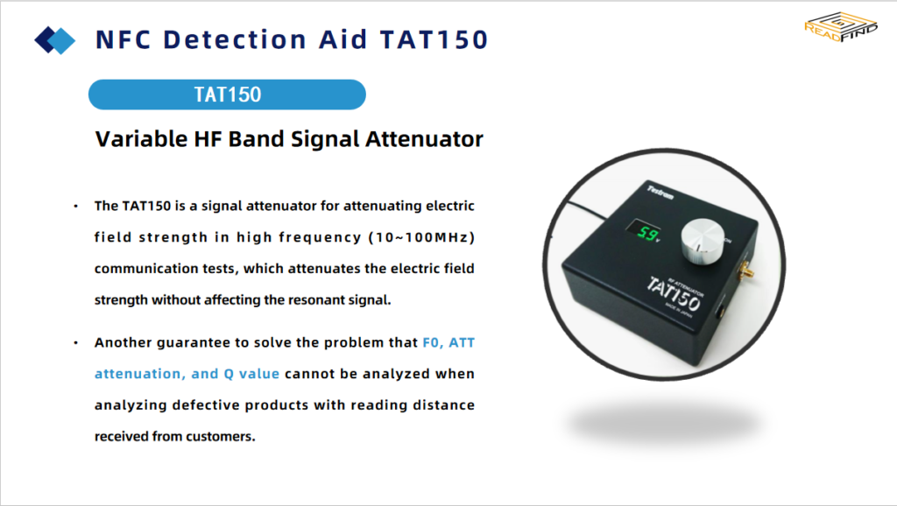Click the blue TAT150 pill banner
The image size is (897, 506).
pyautogui.click(x=227, y=95)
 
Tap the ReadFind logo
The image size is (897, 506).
pyautogui.click(x=840, y=27)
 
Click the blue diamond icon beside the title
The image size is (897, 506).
pyautogui.click(x=55, y=40)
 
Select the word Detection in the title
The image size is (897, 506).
pyautogui.click(x=235, y=40)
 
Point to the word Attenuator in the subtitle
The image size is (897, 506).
pyautogui.click(x=425, y=139)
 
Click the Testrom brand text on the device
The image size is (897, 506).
pyautogui.click(x=660, y=192)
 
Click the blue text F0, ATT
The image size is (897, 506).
pyautogui.click(x=448, y=342)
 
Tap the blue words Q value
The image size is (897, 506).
pyautogui.click(x=251, y=374)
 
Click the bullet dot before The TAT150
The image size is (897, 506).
pyautogui.click(x=75, y=207)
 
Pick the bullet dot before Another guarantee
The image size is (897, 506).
pyautogui.click(x=75, y=343)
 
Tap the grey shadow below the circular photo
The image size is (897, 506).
pyautogui.click(x=664, y=424)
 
